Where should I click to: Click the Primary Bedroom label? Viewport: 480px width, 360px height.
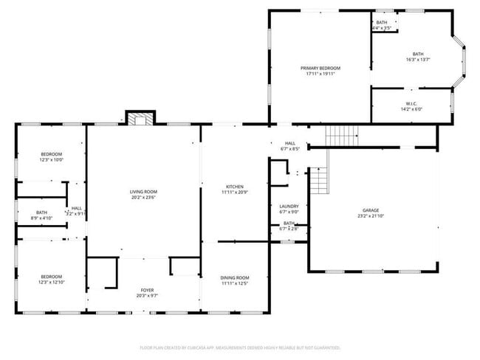coord(320,67)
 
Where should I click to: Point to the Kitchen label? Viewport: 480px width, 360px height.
coord(234,187)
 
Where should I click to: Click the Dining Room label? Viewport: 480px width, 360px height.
coord(234,277)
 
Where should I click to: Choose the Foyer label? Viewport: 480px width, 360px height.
coord(147,290)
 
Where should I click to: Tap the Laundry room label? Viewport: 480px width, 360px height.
coord(289,207)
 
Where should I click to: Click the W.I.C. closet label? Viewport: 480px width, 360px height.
coord(411,103)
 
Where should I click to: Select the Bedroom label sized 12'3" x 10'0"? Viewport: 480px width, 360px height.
coord(51,153)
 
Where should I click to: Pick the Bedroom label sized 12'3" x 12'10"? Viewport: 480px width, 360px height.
coord(51,277)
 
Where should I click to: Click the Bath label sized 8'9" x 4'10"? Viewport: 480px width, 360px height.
coord(41,212)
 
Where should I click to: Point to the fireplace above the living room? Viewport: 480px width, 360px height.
coord(140,118)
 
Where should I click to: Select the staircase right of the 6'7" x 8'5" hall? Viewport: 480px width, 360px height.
coord(342,135)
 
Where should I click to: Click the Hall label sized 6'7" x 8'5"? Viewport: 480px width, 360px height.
coord(289,143)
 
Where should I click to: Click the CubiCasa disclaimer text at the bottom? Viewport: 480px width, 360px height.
coord(240,347)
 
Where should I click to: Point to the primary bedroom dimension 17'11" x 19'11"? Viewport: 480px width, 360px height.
coord(320,74)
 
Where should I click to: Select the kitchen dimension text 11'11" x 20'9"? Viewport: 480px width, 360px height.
coord(234,193)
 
